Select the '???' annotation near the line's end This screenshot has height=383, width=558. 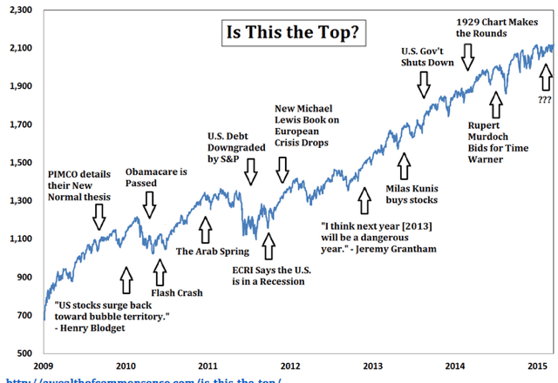tap(545, 99)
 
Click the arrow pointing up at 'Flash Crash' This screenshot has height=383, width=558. tap(159, 270)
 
